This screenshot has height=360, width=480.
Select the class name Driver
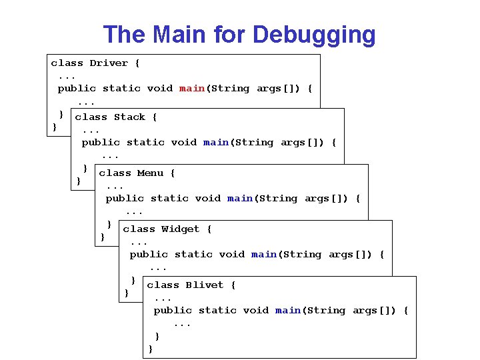coord(109,63)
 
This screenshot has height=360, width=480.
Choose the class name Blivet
coord(204,285)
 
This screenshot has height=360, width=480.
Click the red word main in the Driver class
coord(192,89)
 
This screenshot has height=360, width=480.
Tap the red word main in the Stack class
coord(216,143)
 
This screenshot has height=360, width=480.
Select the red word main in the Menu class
coord(240,199)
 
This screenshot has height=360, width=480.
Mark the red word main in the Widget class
coord(264,255)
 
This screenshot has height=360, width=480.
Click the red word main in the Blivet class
coord(288,311)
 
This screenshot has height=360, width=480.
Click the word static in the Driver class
coord(121,89)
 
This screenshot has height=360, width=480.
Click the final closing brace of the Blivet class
coord(151,349)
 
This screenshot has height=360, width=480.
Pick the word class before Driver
coord(67,63)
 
